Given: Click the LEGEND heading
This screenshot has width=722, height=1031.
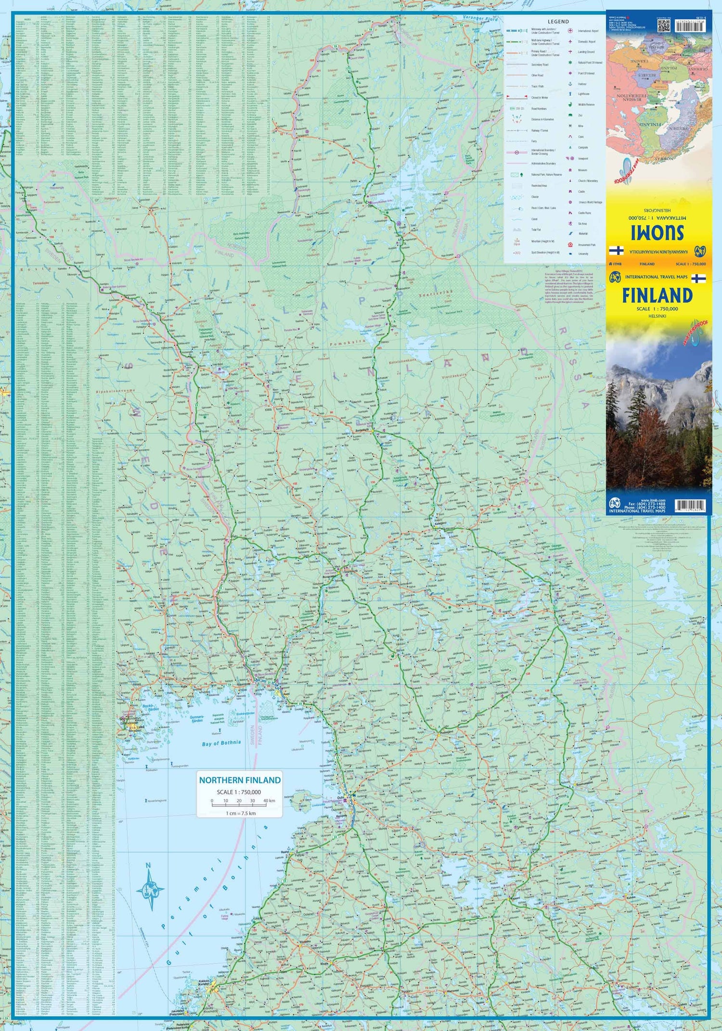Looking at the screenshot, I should [x=558, y=22].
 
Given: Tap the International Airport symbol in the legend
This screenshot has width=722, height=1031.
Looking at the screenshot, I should [x=570, y=30].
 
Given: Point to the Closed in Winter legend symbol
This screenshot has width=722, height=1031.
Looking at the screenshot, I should [x=517, y=98].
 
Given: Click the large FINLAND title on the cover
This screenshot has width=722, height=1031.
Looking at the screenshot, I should [x=657, y=295].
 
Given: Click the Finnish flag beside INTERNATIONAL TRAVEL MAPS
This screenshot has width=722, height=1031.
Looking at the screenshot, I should [x=698, y=278].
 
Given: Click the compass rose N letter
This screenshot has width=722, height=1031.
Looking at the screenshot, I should [x=149, y=866].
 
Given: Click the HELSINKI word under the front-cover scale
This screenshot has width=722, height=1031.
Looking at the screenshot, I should [x=657, y=316].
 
